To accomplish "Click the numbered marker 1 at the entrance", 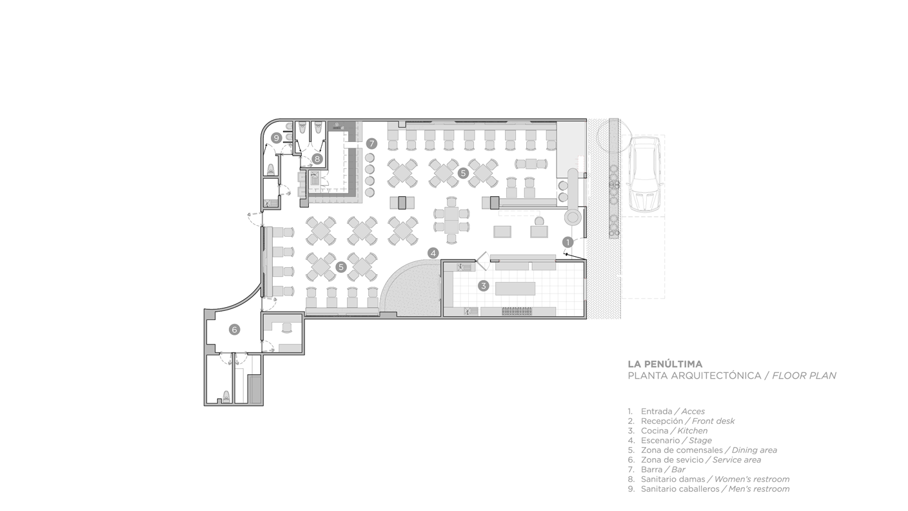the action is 568,243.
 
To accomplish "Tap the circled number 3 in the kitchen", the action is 483,286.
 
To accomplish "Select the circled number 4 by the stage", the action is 433,254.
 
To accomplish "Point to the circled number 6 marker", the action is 234,330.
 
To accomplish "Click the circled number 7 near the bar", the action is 371,144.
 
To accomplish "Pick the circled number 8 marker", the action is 317,159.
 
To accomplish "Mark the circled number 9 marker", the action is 277,138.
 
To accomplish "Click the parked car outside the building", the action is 644,174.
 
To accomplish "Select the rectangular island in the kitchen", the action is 515,289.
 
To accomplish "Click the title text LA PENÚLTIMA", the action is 665,364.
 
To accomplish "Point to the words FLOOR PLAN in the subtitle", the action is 804,376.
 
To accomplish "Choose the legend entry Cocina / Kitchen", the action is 667,431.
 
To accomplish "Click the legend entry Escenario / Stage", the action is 669,441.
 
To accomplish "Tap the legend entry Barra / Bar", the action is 656,470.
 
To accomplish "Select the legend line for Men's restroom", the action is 709,489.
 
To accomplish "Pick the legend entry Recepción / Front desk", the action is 681,421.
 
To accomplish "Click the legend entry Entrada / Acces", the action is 666,411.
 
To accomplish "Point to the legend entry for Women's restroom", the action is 709,479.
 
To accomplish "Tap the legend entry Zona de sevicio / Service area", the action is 695,460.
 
